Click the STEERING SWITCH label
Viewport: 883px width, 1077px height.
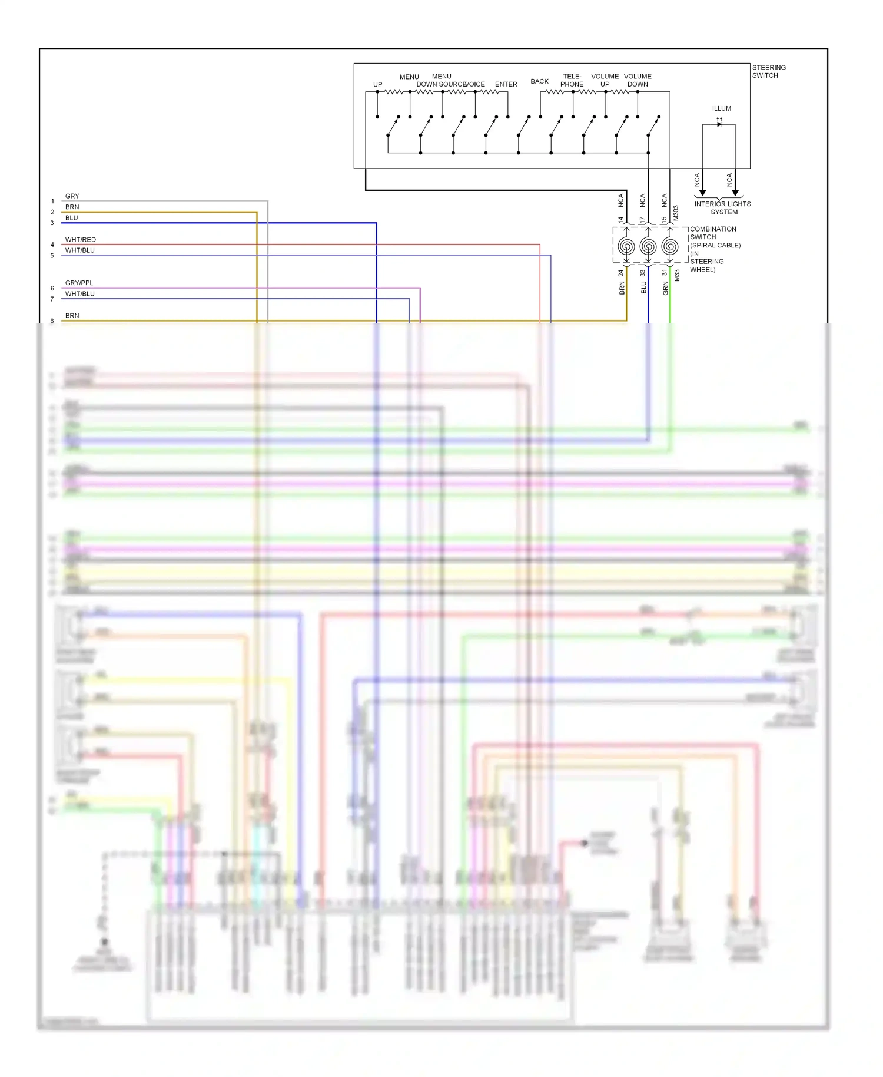tap(768, 71)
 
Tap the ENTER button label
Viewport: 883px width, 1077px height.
tap(506, 84)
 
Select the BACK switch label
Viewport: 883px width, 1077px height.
tap(539, 81)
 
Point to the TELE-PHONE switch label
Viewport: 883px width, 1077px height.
tap(572, 80)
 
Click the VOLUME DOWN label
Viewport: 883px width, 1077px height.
tap(638, 80)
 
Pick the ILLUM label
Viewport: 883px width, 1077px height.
tap(721, 108)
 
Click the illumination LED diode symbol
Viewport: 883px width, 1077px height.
tap(719, 124)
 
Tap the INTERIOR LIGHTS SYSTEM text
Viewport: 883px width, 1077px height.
tap(722, 208)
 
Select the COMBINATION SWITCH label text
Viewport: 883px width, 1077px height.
tap(712, 233)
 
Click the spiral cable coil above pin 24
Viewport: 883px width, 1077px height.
tap(626, 246)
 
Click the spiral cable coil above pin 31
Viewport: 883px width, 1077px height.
tap(670, 246)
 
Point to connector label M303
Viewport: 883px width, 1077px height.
tap(676, 213)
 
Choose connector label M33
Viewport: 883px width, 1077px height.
tap(677, 275)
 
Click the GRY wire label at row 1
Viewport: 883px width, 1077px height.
tap(72, 196)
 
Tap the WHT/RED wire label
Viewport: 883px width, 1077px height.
tap(80, 240)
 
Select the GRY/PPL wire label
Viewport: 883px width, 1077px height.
tap(79, 283)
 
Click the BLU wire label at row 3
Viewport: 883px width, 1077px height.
tap(71, 218)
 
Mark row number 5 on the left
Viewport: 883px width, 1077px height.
tap(52, 256)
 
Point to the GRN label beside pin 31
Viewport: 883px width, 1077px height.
tap(666, 288)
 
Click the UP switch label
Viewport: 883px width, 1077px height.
tap(377, 84)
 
